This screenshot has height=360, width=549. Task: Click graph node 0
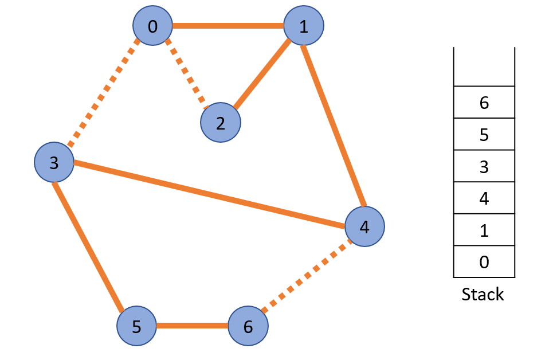(152, 25)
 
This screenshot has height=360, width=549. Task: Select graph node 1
(304, 25)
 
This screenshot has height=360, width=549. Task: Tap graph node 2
(221, 123)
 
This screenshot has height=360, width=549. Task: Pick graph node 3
(54, 163)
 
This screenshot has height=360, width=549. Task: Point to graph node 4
(364, 227)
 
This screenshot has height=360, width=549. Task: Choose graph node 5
(136, 326)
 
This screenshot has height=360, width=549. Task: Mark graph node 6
(248, 326)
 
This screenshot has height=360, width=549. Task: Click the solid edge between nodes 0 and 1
(228, 25)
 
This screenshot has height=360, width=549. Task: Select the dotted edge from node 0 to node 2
(186, 73)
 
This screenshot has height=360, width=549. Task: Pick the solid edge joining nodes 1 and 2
(262, 75)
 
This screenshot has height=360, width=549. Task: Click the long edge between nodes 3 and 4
(209, 195)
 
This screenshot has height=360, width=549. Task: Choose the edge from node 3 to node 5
(88, 246)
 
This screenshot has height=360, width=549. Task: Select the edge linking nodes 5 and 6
(192, 326)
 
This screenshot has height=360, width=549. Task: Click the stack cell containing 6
(484, 103)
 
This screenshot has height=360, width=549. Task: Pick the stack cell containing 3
(484, 166)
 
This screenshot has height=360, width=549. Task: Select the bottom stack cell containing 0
(484, 262)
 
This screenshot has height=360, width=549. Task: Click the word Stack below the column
(483, 295)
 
